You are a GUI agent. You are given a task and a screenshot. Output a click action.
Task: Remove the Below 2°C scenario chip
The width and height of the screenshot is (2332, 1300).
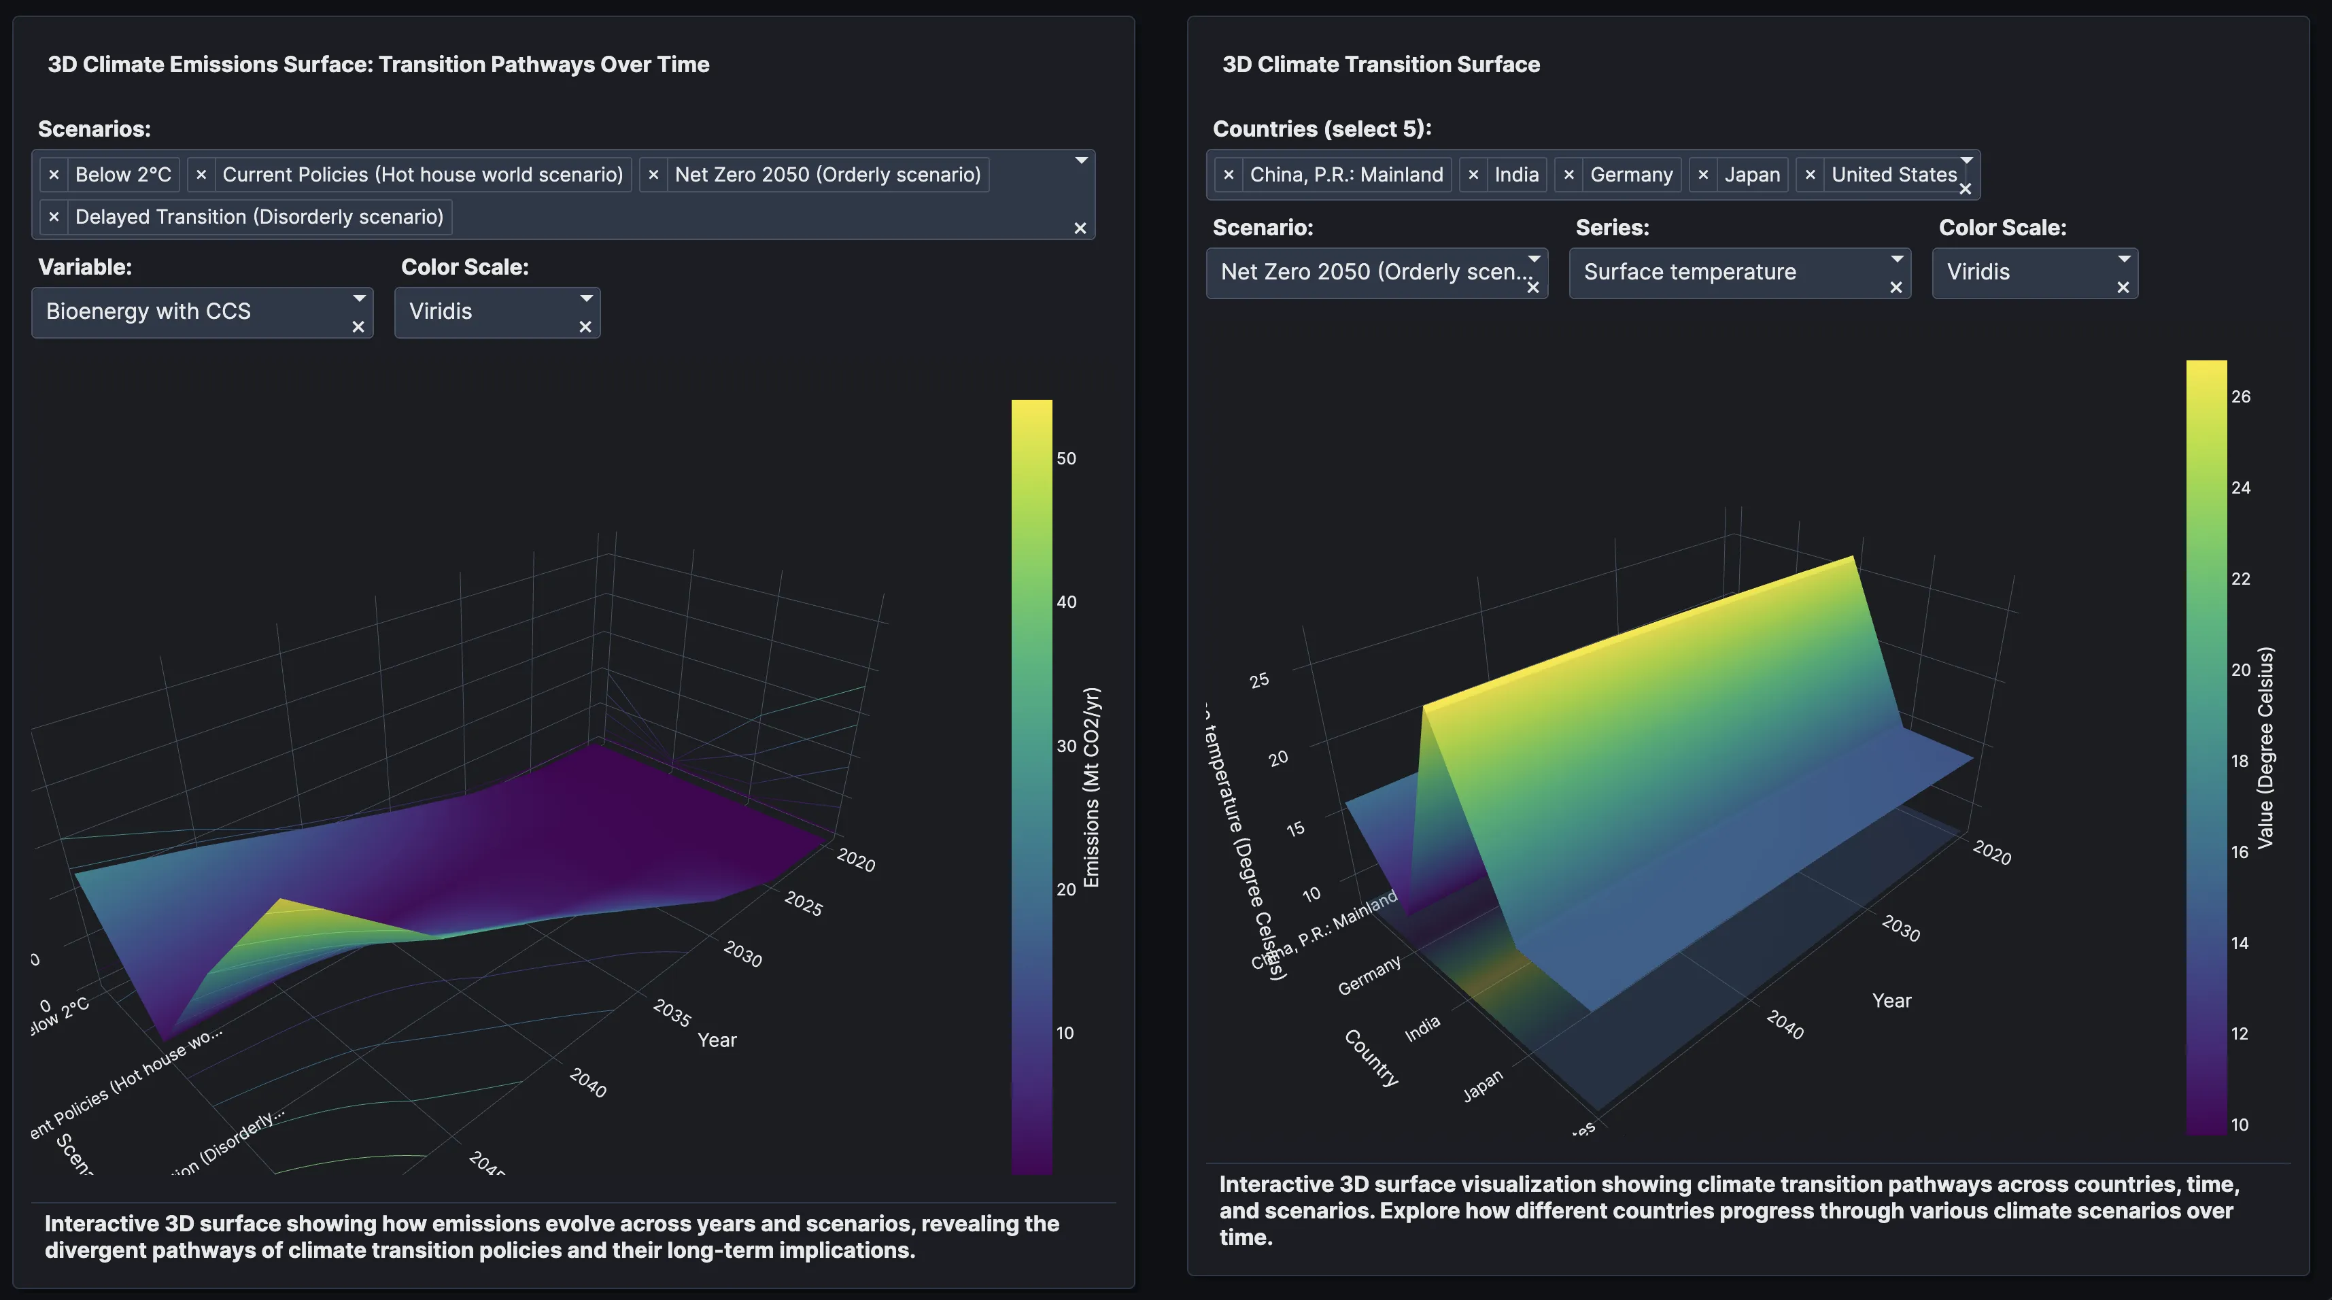point(54,175)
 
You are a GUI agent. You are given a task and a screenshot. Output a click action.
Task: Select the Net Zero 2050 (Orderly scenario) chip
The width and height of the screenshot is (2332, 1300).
point(827,175)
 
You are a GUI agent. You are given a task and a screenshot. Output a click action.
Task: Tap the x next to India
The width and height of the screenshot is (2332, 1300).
point(1473,175)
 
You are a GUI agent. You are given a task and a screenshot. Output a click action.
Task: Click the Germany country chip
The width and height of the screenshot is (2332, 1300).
point(1630,175)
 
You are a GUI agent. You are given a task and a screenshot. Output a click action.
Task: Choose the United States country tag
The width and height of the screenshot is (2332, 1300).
point(1893,175)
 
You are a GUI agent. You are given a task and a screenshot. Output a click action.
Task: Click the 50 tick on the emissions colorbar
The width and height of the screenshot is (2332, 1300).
point(1067,459)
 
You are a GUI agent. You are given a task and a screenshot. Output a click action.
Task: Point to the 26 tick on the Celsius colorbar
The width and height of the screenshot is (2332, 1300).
point(2241,396)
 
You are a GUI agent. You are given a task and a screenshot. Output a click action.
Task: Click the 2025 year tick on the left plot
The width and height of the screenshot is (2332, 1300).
point(803,904)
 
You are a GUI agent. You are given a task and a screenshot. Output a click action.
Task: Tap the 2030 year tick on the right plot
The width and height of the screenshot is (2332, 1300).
point(1900,928)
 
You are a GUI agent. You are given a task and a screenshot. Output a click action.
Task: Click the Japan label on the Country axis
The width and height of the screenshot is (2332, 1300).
point(1482,1084)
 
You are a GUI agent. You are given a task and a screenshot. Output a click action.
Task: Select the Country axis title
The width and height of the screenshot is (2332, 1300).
point(1371,1057)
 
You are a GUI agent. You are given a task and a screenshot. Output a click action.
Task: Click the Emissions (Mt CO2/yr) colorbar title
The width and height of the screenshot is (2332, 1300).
point(1092,787)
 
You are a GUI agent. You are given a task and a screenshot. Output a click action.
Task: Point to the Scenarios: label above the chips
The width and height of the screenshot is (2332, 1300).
point(94,129)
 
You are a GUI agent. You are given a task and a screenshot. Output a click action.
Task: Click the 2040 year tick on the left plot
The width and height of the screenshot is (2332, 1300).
point(587,1082)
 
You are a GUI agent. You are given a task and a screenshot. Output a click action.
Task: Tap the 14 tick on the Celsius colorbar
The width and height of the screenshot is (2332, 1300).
point(2240,943)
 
